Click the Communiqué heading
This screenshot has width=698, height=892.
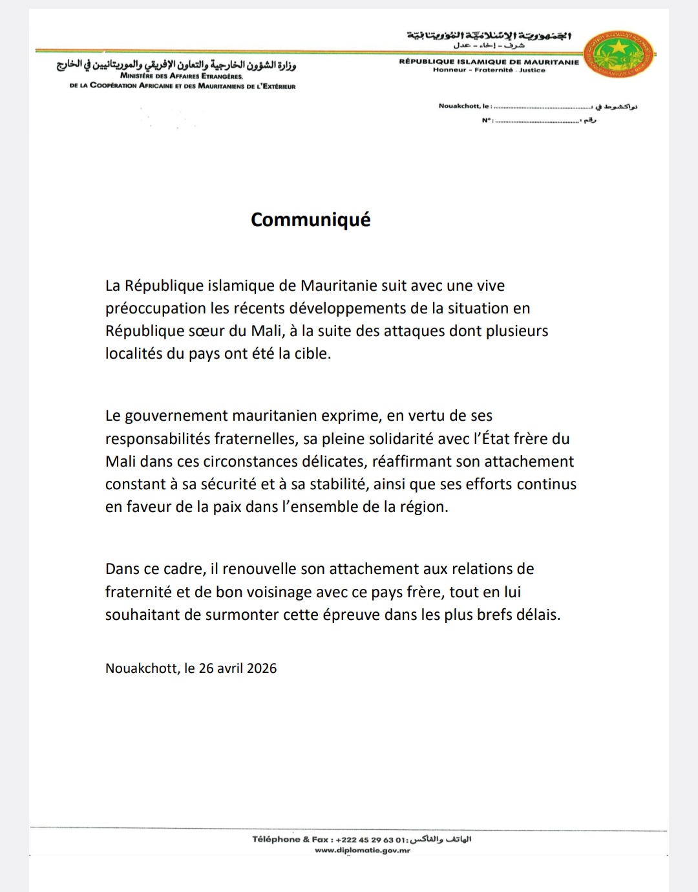point(310,220)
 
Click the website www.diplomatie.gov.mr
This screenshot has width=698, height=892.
point(363,851)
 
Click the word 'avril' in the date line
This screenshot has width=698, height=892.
point(229,668)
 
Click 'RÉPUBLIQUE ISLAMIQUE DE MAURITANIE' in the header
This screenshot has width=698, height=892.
point(489,62)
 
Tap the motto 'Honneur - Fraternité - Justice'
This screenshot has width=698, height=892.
point(489,70)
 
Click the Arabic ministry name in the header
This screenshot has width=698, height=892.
point(176,65)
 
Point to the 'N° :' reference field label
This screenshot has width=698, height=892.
point(487,120)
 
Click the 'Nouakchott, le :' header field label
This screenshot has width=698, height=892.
point(465,106)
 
